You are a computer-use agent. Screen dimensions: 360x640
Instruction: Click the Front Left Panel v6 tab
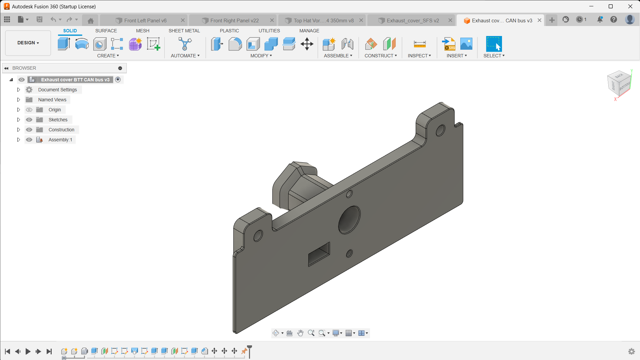coord(145,21)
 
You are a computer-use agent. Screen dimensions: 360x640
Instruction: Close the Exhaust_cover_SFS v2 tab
coord(450,20)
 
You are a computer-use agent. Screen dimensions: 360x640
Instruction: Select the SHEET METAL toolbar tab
coord(184,31)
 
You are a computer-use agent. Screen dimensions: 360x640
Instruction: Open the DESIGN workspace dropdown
coord(28,43)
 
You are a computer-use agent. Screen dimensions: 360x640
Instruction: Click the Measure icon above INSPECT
coord(419,44)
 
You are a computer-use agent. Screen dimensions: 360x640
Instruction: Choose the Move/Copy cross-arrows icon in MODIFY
coord(307,44)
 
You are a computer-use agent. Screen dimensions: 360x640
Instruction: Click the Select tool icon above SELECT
coord(494,44)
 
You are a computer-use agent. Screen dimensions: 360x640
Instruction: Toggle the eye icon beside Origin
coord(29,110)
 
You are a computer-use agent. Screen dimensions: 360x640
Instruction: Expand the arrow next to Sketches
coord(19,120)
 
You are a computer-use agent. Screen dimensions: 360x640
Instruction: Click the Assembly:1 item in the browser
coord(60,140)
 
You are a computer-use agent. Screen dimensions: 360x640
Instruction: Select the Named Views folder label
coord(52,100)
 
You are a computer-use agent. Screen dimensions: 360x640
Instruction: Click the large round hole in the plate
coord(349,220)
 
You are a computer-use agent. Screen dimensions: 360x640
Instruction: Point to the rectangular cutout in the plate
coord(319,254)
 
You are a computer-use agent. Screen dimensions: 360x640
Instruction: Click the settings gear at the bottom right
coord(631,351)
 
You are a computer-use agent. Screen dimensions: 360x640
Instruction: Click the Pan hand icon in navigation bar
coord(300,333)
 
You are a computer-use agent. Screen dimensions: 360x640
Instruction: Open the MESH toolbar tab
coord(142,31)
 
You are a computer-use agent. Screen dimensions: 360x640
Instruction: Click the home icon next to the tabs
coord(90,21)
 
